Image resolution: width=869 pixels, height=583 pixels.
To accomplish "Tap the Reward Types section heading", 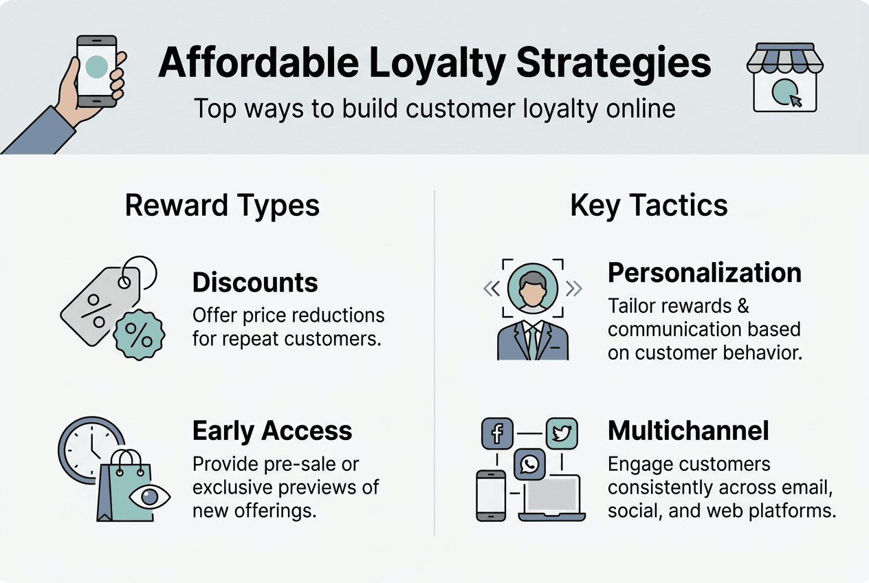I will click(222, 206).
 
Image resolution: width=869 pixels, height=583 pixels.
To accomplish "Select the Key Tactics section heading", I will click(649, 206).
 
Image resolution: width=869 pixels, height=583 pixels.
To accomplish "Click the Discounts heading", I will click(255, 283).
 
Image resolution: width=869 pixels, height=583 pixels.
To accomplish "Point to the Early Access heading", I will click(272, 431).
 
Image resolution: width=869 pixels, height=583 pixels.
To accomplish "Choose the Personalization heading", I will click(705, 273).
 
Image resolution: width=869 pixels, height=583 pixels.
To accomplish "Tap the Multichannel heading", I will click(688, 431).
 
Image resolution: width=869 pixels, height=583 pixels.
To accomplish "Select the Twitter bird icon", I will click(562, 434).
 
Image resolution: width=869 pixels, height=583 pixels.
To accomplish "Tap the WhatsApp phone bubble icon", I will click(529, 465).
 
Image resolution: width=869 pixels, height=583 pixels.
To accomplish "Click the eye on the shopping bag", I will click(150, 496).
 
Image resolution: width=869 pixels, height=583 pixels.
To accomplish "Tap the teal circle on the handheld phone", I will click(96, 66).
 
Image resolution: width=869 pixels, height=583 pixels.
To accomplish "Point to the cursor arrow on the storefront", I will click(795, 100).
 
